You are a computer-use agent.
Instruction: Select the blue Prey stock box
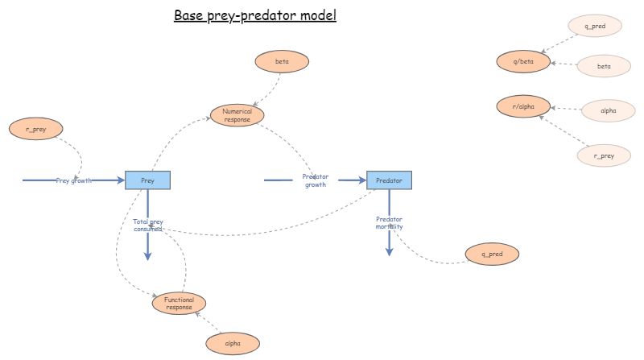coord(148,180)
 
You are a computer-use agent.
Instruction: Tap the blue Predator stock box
coord(389,180)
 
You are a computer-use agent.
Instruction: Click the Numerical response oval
coord(237,115)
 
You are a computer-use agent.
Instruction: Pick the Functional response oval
coord(179,303)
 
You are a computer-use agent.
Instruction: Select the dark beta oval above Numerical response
coord(282,61)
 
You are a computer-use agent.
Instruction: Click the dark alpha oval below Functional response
coord(233,343)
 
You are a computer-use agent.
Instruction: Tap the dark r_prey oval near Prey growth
coord(35,127)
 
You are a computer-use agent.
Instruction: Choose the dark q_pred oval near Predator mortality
coord(492,254)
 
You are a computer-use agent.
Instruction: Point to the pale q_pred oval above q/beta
coord(596,26)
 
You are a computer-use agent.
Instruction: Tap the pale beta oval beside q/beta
coord(604,66)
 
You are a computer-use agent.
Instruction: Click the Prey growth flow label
coord(73,180)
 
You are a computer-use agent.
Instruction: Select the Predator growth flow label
coord(315,181)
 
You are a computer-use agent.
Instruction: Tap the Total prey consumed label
coord(147,225)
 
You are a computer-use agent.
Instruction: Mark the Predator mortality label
coord(389,223)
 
